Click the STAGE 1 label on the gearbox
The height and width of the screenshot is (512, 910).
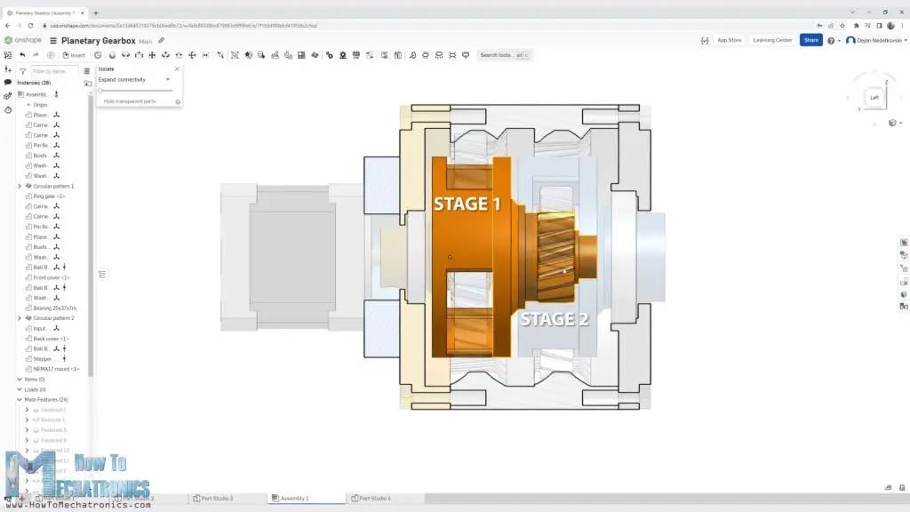click(x=467, y=204)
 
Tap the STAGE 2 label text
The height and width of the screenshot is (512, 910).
click(x=554, y=319)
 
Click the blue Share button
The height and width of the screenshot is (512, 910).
click(x=810, y=40)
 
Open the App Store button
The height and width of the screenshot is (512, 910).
click(x=729, y=40)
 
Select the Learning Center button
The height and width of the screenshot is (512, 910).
click(x=771, y=40)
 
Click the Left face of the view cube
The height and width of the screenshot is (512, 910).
click(x=874, y=98)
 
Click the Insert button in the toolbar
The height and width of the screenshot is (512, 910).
click(x=74, y=55)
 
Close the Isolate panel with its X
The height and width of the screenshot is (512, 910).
click(x=177, y=68)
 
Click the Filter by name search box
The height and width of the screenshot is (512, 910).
click(x=53, y=70)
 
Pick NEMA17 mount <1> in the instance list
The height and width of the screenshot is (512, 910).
click(x=56, y=369)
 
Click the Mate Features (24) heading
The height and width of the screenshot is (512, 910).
click(x=46, y=399)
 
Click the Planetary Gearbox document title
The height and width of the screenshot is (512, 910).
click(x=98, y=40)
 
